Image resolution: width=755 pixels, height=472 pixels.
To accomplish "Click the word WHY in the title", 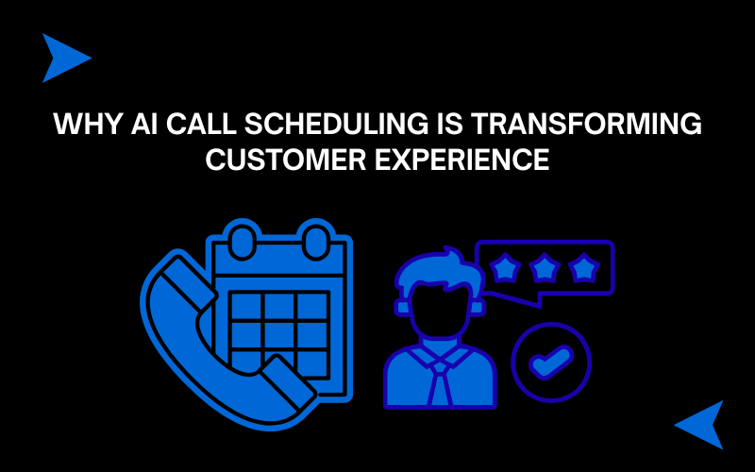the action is pyautogui.click(x=88, y=124).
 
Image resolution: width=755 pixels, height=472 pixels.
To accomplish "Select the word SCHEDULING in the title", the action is pyautogui.click(x=336, y=124).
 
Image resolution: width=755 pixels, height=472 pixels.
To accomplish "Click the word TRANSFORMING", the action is pyautogui.click(x=586, y=124).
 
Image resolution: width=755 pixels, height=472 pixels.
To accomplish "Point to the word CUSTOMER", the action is pyautogui.click(x=286, y=160).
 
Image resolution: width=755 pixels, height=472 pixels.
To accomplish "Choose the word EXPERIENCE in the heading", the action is pyautogui.click(x=462, y=160).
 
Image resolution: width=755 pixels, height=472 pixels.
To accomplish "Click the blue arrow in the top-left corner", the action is pyautogui.click(x=66, y=58).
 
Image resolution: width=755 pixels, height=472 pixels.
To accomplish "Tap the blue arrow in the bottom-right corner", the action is pyautogui.click(x=699, y=425).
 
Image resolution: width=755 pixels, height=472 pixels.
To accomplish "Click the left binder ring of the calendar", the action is pyautogui.click(x=243, y=242).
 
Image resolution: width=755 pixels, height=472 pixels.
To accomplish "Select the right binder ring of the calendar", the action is pyautogui.click(x=316, y=242).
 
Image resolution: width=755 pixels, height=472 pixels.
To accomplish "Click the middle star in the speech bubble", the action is pyautogui.click(x=545, y=268).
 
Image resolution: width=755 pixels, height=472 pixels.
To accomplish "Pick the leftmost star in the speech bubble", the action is pyautogui.click(x=505, y=268).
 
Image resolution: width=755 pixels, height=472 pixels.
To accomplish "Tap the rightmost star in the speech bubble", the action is pyautogui.click(x=584, y=268).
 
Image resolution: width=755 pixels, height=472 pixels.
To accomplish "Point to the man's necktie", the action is pyautogui.click(x=440, y=383).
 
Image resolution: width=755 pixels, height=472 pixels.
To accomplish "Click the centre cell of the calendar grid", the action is pyautogui.click(x=278, y=335).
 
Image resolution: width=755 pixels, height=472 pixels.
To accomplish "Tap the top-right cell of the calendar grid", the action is pyautogui.click(x=312, y=306).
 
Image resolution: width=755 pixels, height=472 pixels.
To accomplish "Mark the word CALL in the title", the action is pyautogui.click(x=201, y=124).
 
